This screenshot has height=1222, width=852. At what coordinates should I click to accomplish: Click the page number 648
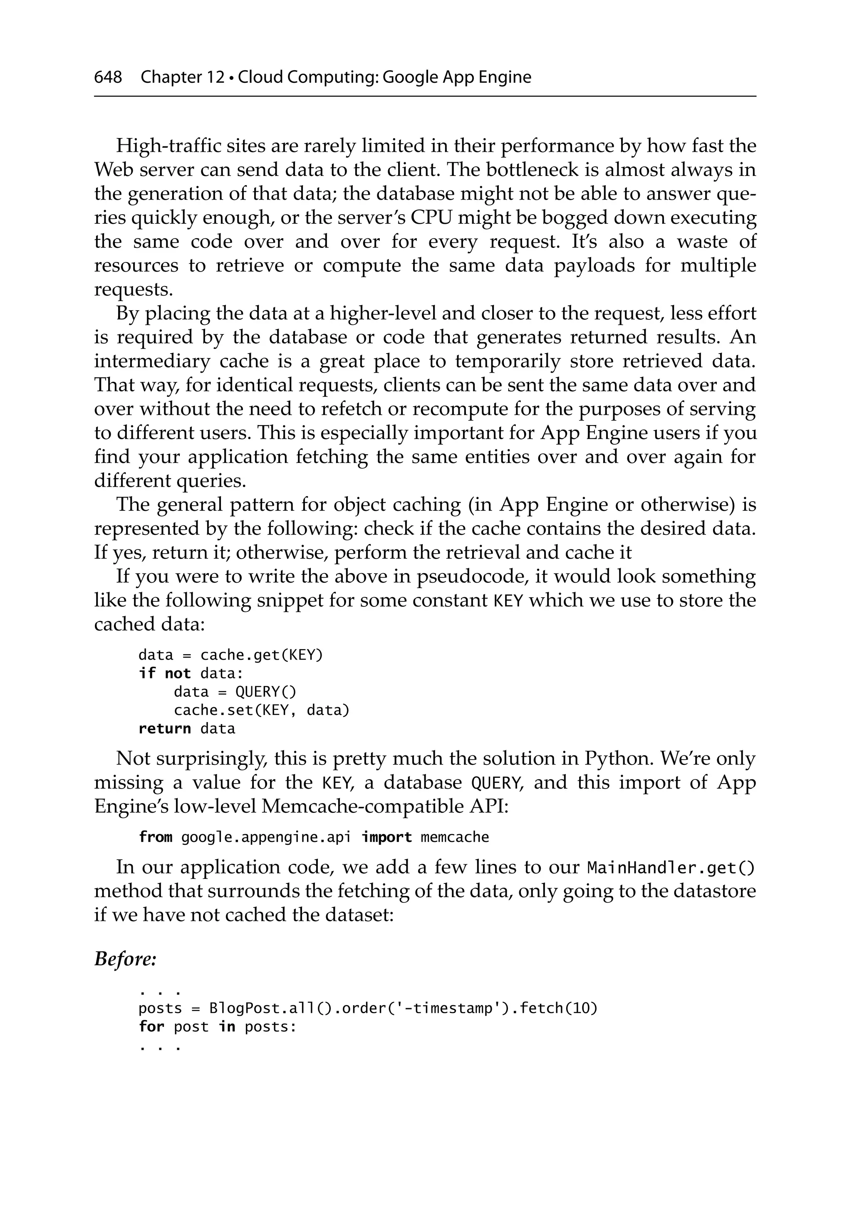click(x=108, y=78)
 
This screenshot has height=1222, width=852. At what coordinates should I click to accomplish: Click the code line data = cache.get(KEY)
click(x=230, y=655)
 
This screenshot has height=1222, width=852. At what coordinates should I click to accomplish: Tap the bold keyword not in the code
click(x=177, y=673)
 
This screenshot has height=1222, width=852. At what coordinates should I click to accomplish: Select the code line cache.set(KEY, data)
click(x=261, y=710)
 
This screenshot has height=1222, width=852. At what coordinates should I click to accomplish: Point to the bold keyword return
click(x=165, y=728)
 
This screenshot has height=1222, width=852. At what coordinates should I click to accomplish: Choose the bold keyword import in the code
click(x=386, y=837)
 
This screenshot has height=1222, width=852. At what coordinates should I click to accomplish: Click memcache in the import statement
click(x=454, y=837)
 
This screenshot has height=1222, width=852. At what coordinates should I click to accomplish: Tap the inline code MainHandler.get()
click(x=671, y=868)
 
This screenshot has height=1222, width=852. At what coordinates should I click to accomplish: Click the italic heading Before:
click(x=125, y=959)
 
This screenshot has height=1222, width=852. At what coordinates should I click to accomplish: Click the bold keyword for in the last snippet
click(x=151, y=1026)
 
